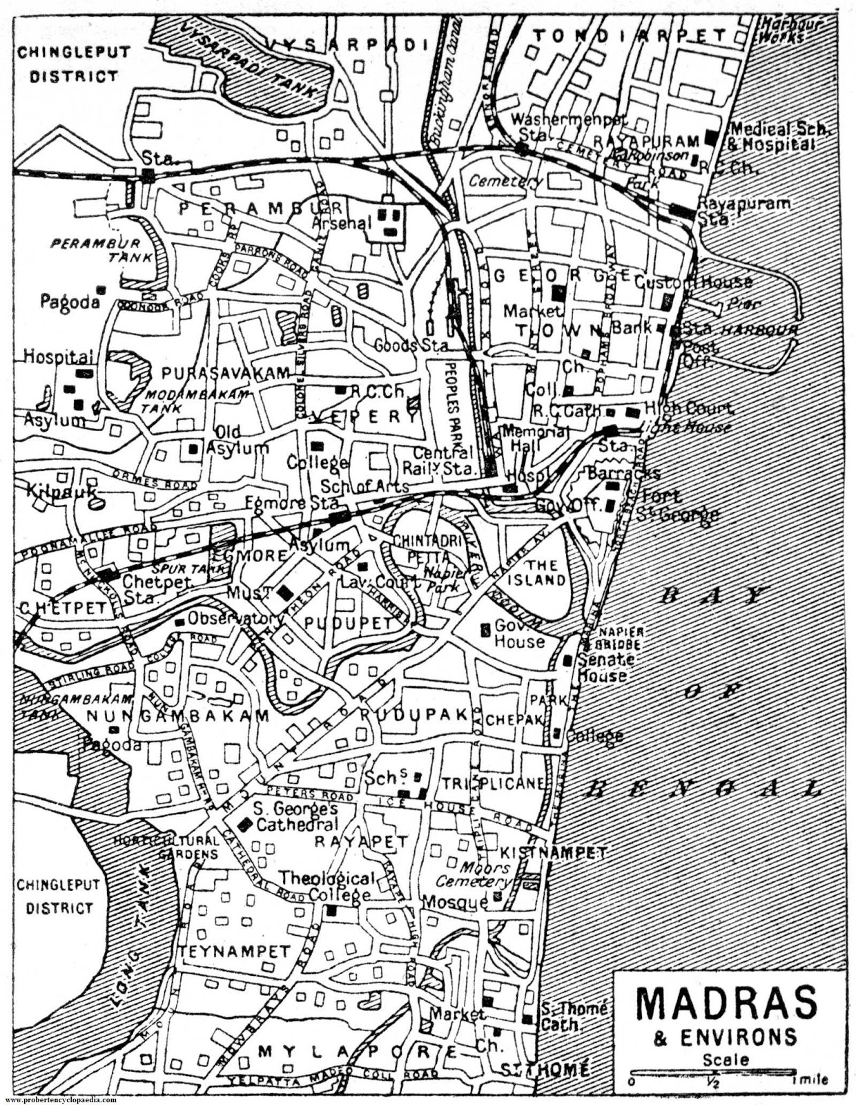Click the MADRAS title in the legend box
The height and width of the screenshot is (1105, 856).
tap(726, 1003)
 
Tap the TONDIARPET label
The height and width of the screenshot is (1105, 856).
tap(630, 35)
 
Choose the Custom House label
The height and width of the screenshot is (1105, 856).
tap(692, 282)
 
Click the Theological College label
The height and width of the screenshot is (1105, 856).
tap(327, 886)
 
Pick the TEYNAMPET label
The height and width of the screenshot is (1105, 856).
tap(235, 952)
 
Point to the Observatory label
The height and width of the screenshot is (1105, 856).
tap(235, 617)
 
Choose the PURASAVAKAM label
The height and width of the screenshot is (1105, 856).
tap(226, 373)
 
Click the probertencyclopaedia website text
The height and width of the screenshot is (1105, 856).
tap(60, 1099)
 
